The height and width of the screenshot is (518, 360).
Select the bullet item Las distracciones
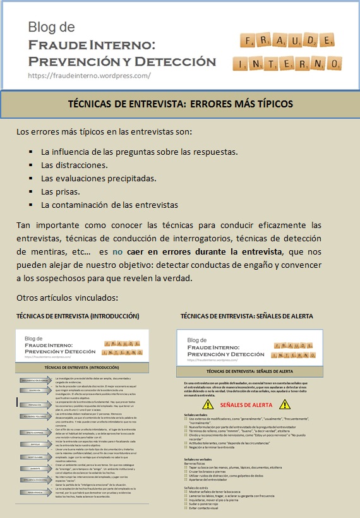[75, 166]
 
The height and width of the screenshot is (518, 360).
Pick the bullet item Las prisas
[61, 191]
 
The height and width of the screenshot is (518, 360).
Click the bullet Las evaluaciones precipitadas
[99, 179]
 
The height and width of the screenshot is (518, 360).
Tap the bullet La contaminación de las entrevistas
[109, 205]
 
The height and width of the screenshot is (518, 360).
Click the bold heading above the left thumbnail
[78, 316]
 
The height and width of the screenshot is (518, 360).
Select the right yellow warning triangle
[285, 404]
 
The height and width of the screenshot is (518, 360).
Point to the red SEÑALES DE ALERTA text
[247, 405]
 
